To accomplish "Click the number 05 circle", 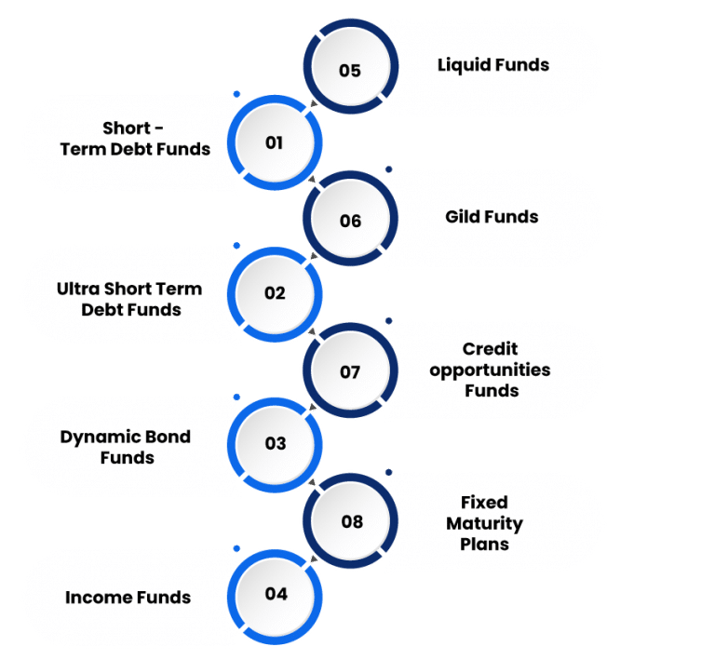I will tap(350, 70).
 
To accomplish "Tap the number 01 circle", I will tap(275, 143).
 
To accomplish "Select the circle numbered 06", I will tap(350, 221).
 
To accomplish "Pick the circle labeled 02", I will tap(275, 293).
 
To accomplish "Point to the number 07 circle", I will tap(350, 372).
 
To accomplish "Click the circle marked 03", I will tap(275, 444).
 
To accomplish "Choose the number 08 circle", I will tap(351, 522).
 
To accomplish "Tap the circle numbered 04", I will tap(276, 594).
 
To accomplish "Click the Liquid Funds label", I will tap(492, 65).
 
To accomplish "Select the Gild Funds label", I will tap(492, 217).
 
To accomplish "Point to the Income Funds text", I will tap(128, 598).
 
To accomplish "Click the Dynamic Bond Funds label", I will tap(126, 447).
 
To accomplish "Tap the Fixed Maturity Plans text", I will tap(484, 523).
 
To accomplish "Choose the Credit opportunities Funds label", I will tap(491, 370).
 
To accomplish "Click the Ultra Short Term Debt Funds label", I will tap(128, 299).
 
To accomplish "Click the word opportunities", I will tap(491, 370).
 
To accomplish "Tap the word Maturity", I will tap(484, 523).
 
